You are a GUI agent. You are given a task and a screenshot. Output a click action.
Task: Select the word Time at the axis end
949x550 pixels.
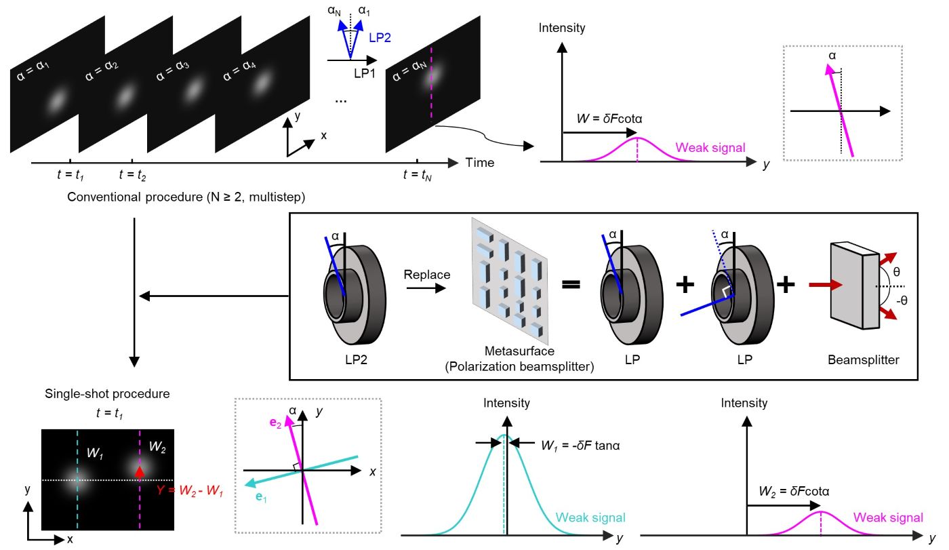point(480,163)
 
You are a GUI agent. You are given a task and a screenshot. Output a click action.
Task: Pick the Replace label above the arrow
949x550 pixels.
point(422,275)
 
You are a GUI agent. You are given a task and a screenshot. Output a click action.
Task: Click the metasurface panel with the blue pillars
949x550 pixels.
point(510,280)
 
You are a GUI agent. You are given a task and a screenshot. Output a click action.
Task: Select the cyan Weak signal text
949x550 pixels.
point(590,517)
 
